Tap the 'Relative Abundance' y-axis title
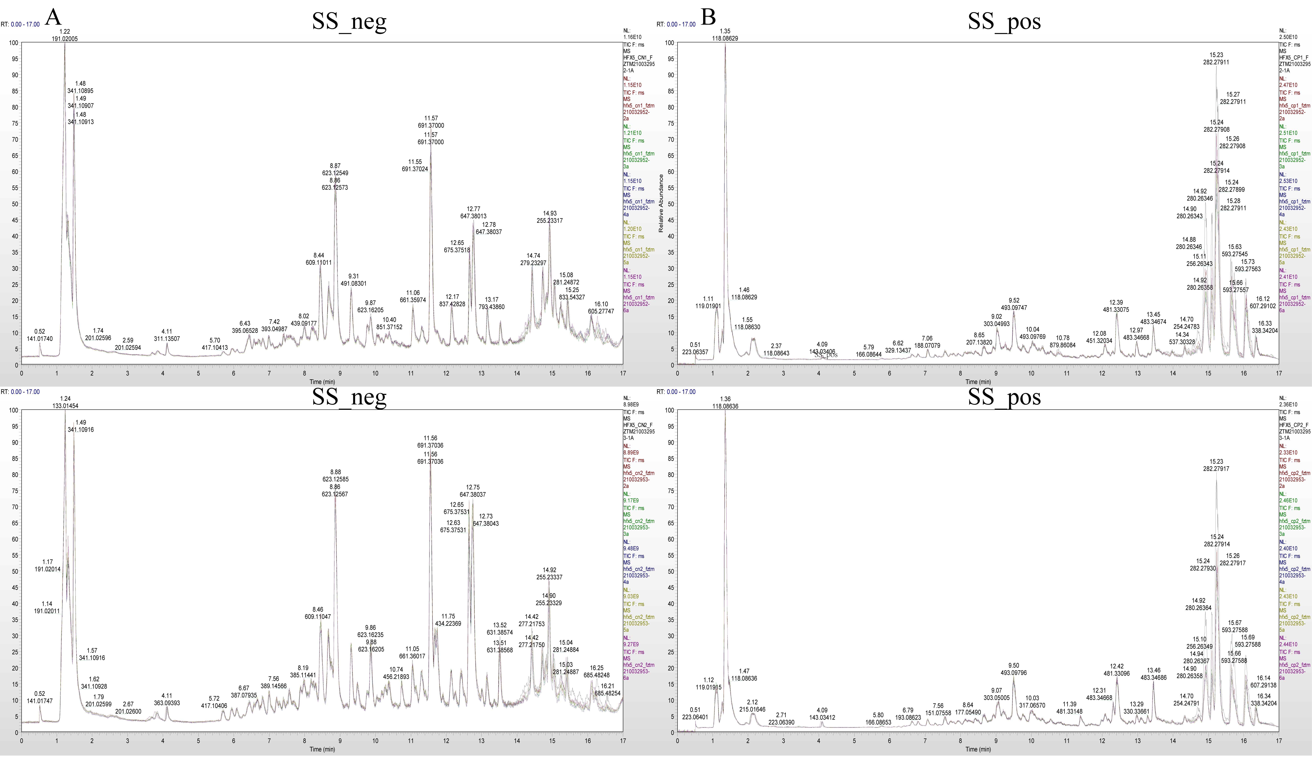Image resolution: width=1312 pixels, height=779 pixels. (661, 204)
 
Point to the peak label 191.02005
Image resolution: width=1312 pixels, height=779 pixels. (65, 39)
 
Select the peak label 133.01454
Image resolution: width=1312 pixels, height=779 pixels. (65, 406)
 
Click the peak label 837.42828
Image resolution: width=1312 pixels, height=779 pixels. (452, 304)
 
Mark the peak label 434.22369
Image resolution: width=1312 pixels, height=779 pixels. (448, 624)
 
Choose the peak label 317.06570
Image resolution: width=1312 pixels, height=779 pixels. (1032, 706)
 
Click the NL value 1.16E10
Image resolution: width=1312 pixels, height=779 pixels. (633, 37)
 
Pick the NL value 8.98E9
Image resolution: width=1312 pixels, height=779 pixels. (631, 405)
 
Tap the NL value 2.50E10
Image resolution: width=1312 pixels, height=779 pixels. (1288, 37)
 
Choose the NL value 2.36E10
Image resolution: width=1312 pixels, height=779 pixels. (1288, 405)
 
